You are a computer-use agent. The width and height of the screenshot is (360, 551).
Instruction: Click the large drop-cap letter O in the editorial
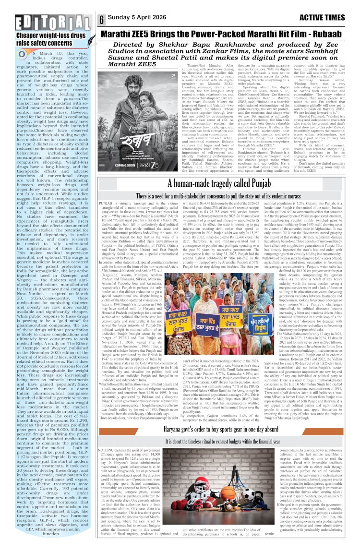point(22,54)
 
